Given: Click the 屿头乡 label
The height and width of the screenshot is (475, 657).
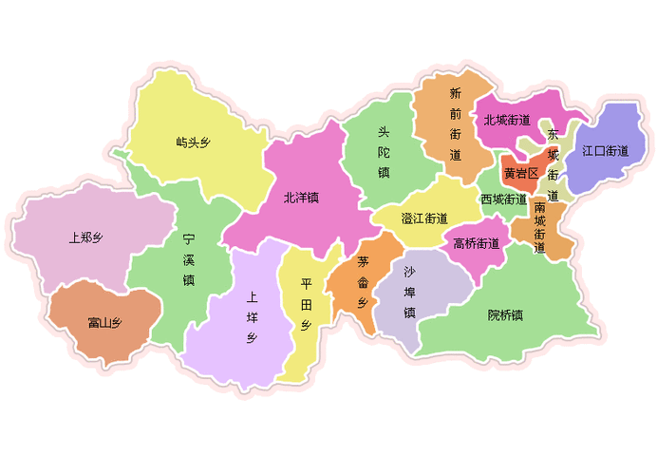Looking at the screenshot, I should (193, 142).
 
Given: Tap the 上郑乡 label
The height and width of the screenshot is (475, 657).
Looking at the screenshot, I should (85, 237).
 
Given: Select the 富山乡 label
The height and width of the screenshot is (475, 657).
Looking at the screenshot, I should (104, 323).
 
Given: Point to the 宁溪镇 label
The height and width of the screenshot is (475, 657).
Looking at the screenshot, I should (189, 260).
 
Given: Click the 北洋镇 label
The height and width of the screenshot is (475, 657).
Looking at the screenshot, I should (301, 199).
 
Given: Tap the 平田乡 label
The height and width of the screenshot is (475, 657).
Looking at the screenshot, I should (306, 305).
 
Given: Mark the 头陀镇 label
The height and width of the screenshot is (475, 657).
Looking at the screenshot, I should (384, 152).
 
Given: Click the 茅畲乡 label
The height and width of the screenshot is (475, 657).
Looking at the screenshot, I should (363, 281).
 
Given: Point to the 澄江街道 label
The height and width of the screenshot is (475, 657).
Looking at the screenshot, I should (423, 218).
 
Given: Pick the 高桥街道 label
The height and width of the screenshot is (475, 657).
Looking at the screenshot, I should (477, 243).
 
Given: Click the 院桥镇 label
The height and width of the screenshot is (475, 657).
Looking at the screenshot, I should (505, 314).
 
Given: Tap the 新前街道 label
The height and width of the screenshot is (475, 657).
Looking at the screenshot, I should (456, 123).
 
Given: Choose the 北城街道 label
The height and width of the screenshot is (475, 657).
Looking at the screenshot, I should (506, 120).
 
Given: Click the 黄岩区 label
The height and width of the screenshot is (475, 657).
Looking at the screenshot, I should (521, 173).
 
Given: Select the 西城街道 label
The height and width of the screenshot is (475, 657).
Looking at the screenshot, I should (503, 199).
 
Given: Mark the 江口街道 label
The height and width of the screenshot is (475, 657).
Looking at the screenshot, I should (606, 150).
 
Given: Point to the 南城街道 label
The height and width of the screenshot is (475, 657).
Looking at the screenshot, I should (539, 227).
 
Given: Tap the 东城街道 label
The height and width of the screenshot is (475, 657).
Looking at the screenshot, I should (553, 161).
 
